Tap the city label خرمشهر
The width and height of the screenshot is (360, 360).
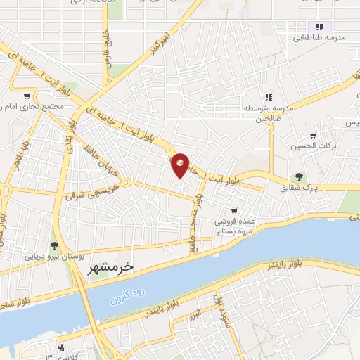tap(111, 268)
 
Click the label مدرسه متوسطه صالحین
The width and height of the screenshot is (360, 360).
tap(267, 114)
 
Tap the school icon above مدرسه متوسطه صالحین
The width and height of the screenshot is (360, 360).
tap(267, 96)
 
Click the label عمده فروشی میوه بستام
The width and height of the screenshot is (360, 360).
tap(234, 225)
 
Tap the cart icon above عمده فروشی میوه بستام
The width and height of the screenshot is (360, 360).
tap(234, 209)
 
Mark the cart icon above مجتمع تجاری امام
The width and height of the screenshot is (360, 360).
tap(27, 96)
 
